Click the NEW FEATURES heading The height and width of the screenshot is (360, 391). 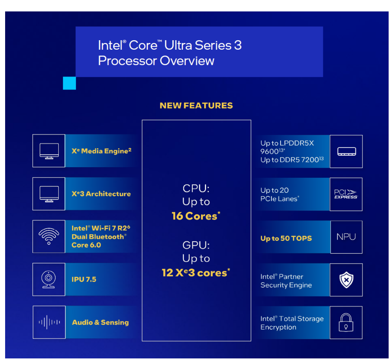coord(196,106)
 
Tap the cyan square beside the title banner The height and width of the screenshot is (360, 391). coord(69,83)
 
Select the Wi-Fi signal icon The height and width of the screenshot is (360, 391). coord(49,236)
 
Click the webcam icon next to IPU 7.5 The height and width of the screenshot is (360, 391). coord(48,280)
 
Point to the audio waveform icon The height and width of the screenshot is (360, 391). coord(49,322)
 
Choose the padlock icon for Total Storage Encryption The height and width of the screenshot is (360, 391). coord(346,322)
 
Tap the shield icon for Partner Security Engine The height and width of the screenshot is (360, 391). coord(346,280)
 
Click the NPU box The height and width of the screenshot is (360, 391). coord(346,237)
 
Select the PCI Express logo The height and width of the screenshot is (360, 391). coord(346,194)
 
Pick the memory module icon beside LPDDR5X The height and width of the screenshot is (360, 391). coord(346,151)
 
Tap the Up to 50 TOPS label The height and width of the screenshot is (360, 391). coord(286,238)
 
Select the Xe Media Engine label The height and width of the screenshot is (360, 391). coord(101,151)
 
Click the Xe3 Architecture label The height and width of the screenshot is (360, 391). coord(101,194)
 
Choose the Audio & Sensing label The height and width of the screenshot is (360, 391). coord(101,322)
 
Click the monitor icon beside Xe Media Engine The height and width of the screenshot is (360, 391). coord(49,151)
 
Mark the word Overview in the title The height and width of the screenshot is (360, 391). coord(187,61)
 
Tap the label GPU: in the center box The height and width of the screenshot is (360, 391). coord(196,245)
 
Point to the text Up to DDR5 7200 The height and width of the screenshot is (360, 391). coord(292,160)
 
